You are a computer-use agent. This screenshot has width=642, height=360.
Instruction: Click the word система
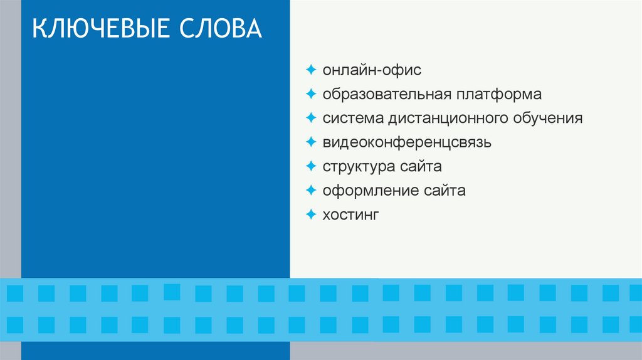(x=352, y=118)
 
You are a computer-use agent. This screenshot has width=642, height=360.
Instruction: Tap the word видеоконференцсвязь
(x=407, y=142)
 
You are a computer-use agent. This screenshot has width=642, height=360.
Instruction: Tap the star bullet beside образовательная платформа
(x=312, y=93)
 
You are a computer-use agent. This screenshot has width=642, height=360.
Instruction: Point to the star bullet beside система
(x=312, y=117)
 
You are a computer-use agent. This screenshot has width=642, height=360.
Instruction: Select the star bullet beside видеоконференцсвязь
(x=312, y=142)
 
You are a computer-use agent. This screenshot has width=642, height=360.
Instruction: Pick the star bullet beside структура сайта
(x=312, y=166)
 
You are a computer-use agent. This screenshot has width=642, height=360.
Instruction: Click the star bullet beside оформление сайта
(x=312, y=190)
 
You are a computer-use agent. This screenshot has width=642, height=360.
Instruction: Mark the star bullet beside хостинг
(x=312, y=214)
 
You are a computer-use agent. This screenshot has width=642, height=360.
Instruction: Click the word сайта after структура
(x=420, y=167)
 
